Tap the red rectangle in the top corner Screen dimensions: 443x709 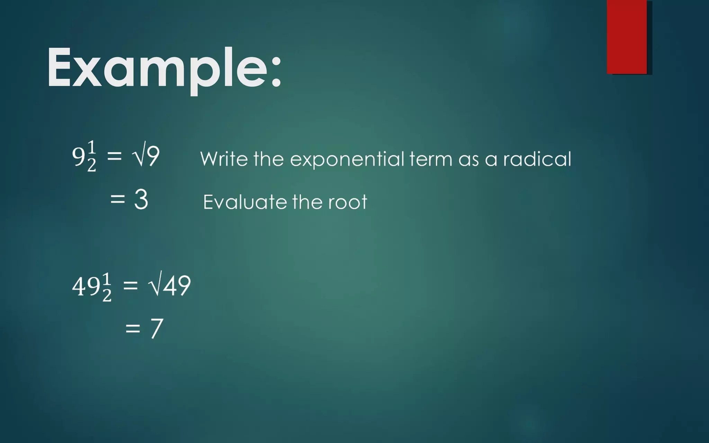click(x=627, y=37)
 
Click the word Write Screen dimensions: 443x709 click(x=224, y=159)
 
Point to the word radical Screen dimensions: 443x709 click(x=537, y=159)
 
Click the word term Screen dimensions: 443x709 click(x=431, y=159)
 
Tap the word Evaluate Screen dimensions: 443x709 click(x=244, y=202)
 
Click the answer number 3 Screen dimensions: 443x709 click(x=141, y=199)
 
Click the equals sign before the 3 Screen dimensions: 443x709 click(x=118, y=199)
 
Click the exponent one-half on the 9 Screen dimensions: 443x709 click(x=91, y=156)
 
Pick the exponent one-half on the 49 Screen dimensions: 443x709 click(x=107, y=287)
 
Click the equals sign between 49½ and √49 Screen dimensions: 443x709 click(x=131, y=286)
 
